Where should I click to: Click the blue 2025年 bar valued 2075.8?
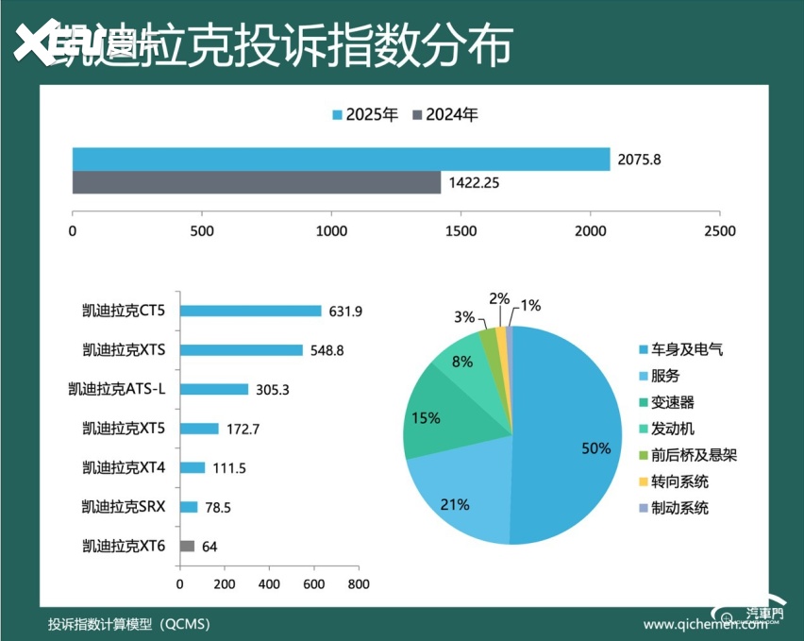click(341, 160)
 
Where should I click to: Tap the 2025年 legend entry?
click(364, 115)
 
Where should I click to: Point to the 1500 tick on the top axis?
click(461, 230)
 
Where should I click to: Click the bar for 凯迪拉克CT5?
click(251, 311)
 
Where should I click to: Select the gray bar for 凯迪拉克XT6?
click(187, 546)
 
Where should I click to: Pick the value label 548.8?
click(327, 350)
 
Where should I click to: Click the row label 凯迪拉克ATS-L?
click(119, 389)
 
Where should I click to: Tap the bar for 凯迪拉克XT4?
click(193, 467)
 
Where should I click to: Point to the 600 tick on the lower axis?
click(313, 584)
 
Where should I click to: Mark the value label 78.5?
click(218, 507)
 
